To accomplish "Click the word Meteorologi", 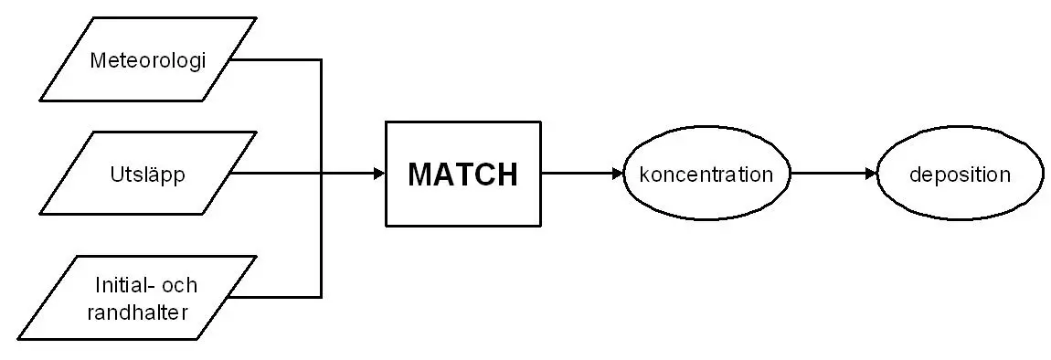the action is coord(147,61).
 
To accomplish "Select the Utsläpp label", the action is coord(147,175).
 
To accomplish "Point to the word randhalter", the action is coord(137,312).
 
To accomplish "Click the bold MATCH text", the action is coord(462,175).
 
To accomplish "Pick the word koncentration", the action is coord(706,175).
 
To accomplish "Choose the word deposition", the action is coord(960,175).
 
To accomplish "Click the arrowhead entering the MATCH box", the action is coord(379,174).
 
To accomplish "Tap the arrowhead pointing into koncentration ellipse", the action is coord(617,174).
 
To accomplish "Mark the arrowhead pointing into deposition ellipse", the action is coord(871,174).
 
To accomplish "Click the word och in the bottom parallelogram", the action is coord(180,285).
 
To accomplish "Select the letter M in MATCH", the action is coord(420,175).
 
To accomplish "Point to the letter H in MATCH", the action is coord(506,175).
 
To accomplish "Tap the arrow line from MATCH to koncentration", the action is coord(582,174).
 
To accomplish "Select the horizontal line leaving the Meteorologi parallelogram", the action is coord(275,59).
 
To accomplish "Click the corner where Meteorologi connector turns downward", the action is coord(321,59).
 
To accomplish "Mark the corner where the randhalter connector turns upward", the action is coord(321,296).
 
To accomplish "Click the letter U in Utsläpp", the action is coord(117,175).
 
